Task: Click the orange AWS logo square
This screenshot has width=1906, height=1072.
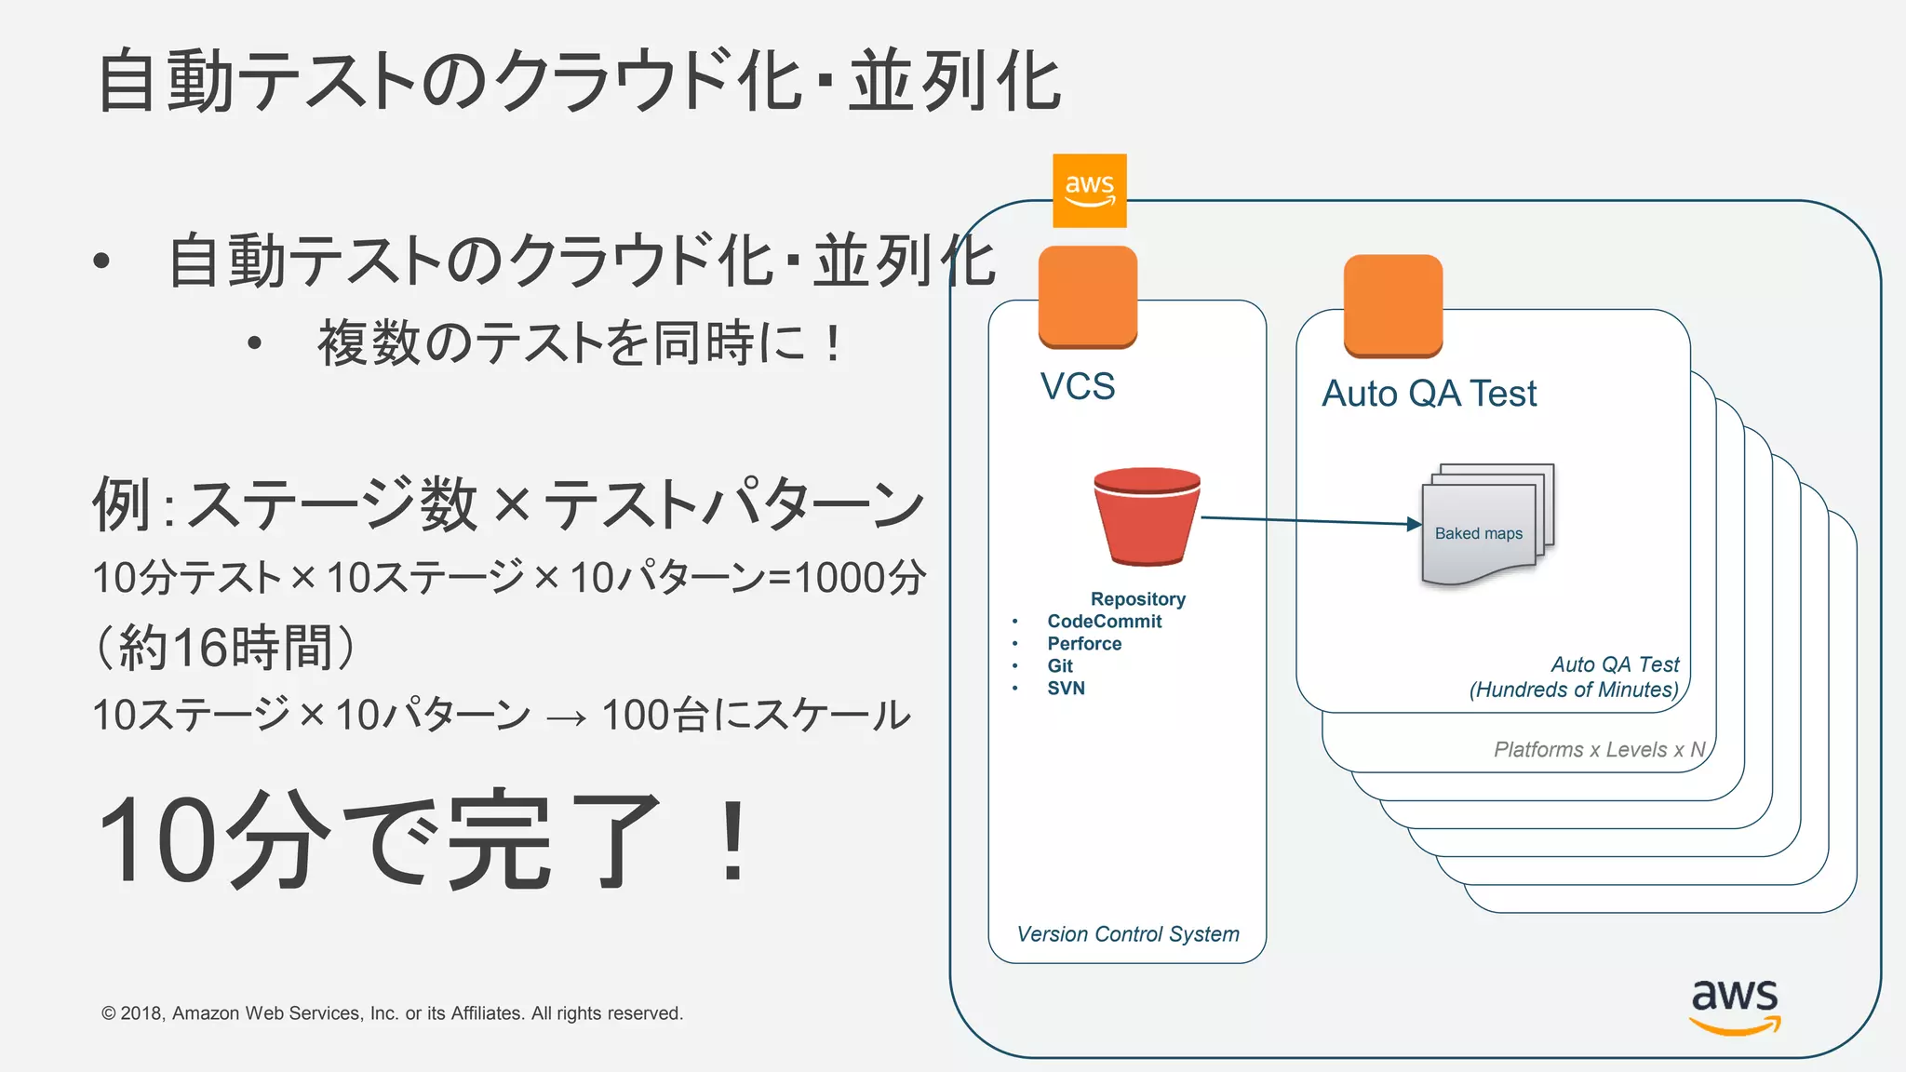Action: [1089, 191]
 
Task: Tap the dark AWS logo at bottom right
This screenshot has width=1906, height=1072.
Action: [1734, 1005]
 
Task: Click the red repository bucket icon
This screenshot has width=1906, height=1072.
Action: [1147, 516]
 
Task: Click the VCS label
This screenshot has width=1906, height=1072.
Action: [1078, 386]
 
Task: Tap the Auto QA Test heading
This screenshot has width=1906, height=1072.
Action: [1429, 394]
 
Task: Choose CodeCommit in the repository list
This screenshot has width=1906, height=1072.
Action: [1104, 622]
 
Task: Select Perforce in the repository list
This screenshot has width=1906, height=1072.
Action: [1084, 644]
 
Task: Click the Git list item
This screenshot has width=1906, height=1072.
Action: [1060, 666]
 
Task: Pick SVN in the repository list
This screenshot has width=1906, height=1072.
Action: [1066, 689]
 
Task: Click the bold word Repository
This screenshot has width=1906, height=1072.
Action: [1137, 599]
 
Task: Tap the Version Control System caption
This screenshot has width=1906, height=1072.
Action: [1128, 934]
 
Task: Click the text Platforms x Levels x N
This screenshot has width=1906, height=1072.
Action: [1599, 750]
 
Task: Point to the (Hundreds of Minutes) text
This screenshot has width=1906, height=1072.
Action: [1574, 690]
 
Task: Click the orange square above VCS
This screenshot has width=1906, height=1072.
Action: [1087, 297]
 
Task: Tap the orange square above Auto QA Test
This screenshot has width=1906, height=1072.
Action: [1392, 305]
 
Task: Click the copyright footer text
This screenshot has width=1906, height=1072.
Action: [392, 1013]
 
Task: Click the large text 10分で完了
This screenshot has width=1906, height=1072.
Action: [423, 840]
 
